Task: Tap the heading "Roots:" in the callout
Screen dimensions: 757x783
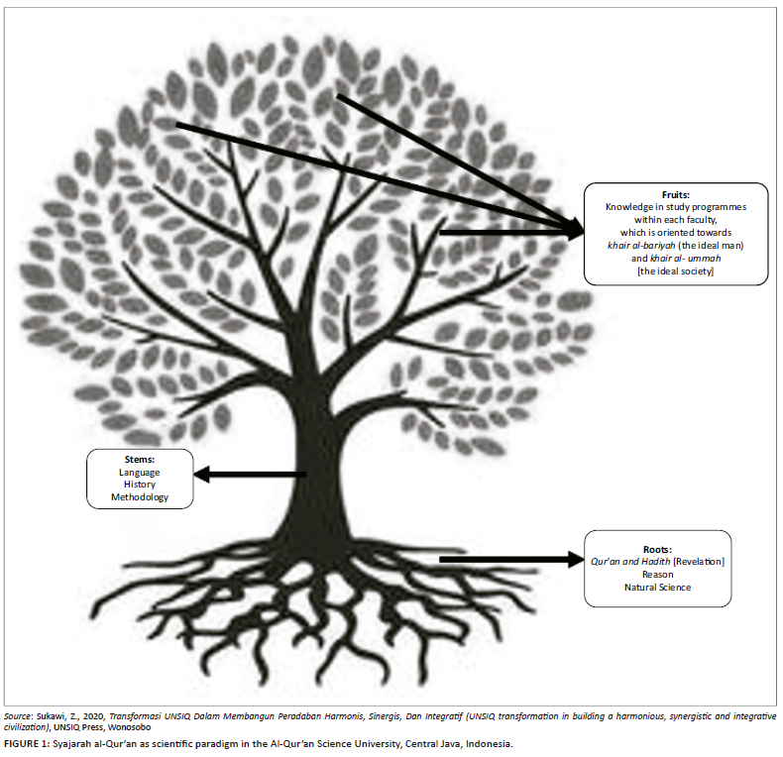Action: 657,549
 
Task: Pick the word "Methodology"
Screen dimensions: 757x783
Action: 139,498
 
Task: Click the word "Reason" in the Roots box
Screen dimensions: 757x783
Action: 657,575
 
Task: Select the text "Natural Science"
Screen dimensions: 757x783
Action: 657,588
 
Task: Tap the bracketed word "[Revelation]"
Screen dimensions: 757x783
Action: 699,562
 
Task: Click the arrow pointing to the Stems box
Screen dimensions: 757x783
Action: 248,476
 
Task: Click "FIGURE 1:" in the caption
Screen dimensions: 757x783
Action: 30,743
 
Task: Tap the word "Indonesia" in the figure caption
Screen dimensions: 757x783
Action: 488,743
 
